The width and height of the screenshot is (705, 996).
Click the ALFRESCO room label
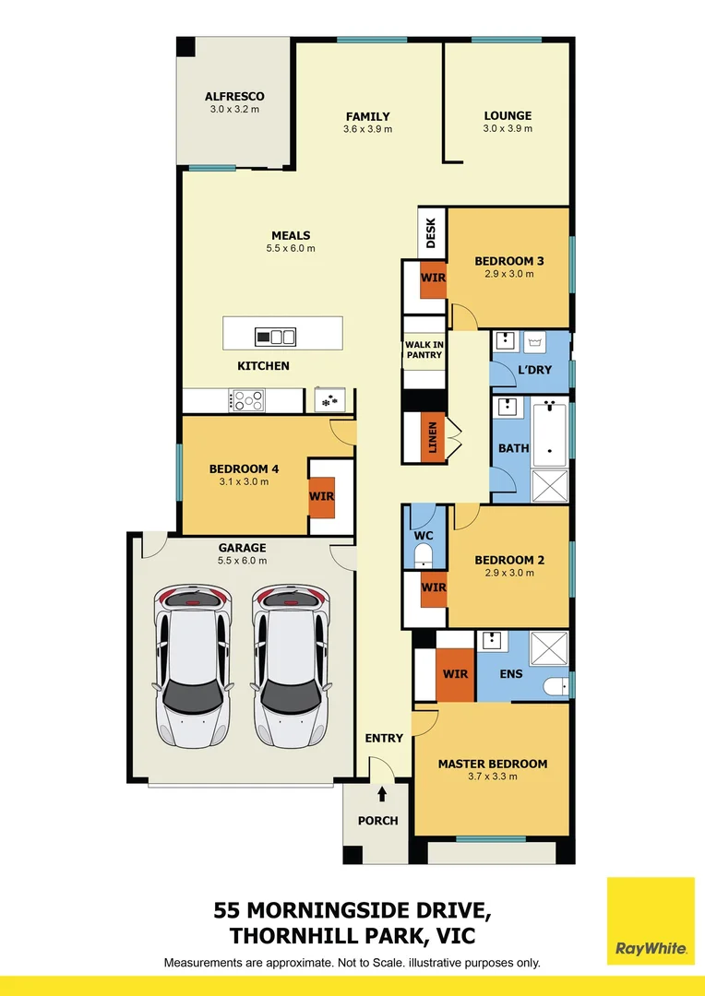[234, 96]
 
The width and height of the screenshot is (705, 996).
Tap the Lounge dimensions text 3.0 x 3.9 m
[508, 129]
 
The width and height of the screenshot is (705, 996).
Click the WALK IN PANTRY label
[424, 350]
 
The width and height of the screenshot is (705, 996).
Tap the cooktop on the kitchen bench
[247, 400]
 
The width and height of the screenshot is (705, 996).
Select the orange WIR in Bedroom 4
[322, 496]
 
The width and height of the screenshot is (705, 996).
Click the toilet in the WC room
[424, 555]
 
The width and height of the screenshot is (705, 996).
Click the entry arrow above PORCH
[382, 794]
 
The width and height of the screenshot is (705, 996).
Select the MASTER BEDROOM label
[492, 764]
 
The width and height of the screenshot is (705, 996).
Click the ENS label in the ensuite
[511, 674]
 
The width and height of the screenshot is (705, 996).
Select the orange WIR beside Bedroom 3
[434, 279]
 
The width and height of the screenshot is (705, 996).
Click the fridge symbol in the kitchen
[329, 400]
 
